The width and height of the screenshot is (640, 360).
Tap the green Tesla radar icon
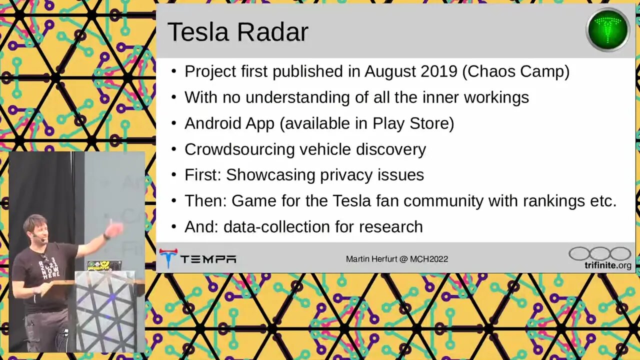tap(607, 29)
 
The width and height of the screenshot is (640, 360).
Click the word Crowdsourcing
tap(239, 149)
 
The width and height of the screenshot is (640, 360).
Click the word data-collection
tap(276, 227)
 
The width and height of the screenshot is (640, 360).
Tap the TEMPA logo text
tap(208, 259)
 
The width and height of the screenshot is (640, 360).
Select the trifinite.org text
tap(607, 265)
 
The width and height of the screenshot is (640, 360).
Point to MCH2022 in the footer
tap(429, 259)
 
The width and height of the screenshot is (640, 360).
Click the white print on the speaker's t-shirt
tap(49, 269)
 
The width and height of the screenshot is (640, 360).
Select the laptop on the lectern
tap(104, 265)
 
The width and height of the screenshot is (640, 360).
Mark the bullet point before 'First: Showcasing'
tap(174, 175)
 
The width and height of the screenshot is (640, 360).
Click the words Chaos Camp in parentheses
tap(515, 71)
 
